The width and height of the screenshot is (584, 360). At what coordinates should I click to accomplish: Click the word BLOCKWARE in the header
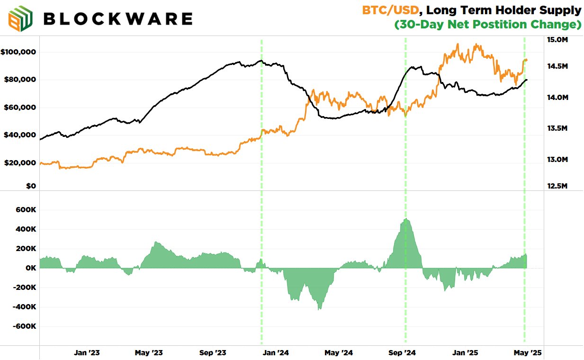pyautogui.click(x=117, y=18)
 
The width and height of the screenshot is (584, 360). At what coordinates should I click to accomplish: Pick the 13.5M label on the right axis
pyautogui.click(x=557, y=128)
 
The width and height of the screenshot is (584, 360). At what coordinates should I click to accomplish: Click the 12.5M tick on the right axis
pyautogui.click(x=557, y=186)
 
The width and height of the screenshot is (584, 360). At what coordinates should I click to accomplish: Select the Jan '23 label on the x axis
pyautogui.click(x=87, y=353)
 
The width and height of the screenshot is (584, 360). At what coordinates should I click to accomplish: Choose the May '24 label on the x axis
pyautogui.click(x=339, y=353)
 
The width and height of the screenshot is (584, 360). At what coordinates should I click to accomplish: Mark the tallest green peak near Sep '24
pyautogui.click(x=406, y=219)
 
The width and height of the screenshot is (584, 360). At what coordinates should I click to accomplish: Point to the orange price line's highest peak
pyautogui.click(x=458, y=44)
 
